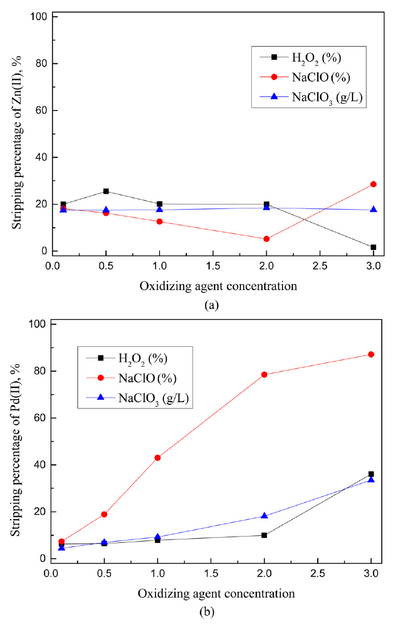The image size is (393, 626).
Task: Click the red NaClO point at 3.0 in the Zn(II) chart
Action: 374,184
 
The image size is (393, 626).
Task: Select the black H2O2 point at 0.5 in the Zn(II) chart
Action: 106,191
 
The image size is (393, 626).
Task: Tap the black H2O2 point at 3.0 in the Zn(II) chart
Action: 374,247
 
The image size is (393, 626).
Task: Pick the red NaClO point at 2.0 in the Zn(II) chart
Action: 267,239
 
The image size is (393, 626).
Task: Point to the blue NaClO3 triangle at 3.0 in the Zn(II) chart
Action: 374,210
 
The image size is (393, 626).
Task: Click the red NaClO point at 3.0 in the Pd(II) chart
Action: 371,354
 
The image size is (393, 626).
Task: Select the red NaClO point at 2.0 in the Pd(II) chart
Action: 264,375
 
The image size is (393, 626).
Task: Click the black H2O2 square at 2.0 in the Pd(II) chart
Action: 264,535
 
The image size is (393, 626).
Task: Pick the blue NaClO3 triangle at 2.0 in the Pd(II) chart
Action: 264,515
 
